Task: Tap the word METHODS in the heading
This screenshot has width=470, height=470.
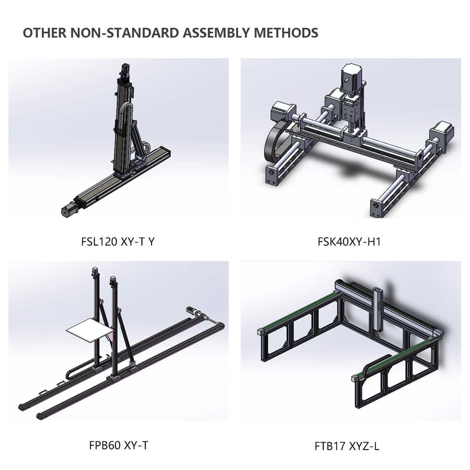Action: point(286,33)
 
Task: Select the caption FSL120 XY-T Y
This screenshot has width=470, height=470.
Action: point(118,241)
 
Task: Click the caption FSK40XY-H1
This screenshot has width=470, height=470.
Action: point(349,242)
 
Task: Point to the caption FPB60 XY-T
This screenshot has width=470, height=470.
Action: point(119,445)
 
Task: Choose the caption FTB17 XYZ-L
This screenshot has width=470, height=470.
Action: point(347,446)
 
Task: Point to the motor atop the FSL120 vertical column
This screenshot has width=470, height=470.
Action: point(126,70)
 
